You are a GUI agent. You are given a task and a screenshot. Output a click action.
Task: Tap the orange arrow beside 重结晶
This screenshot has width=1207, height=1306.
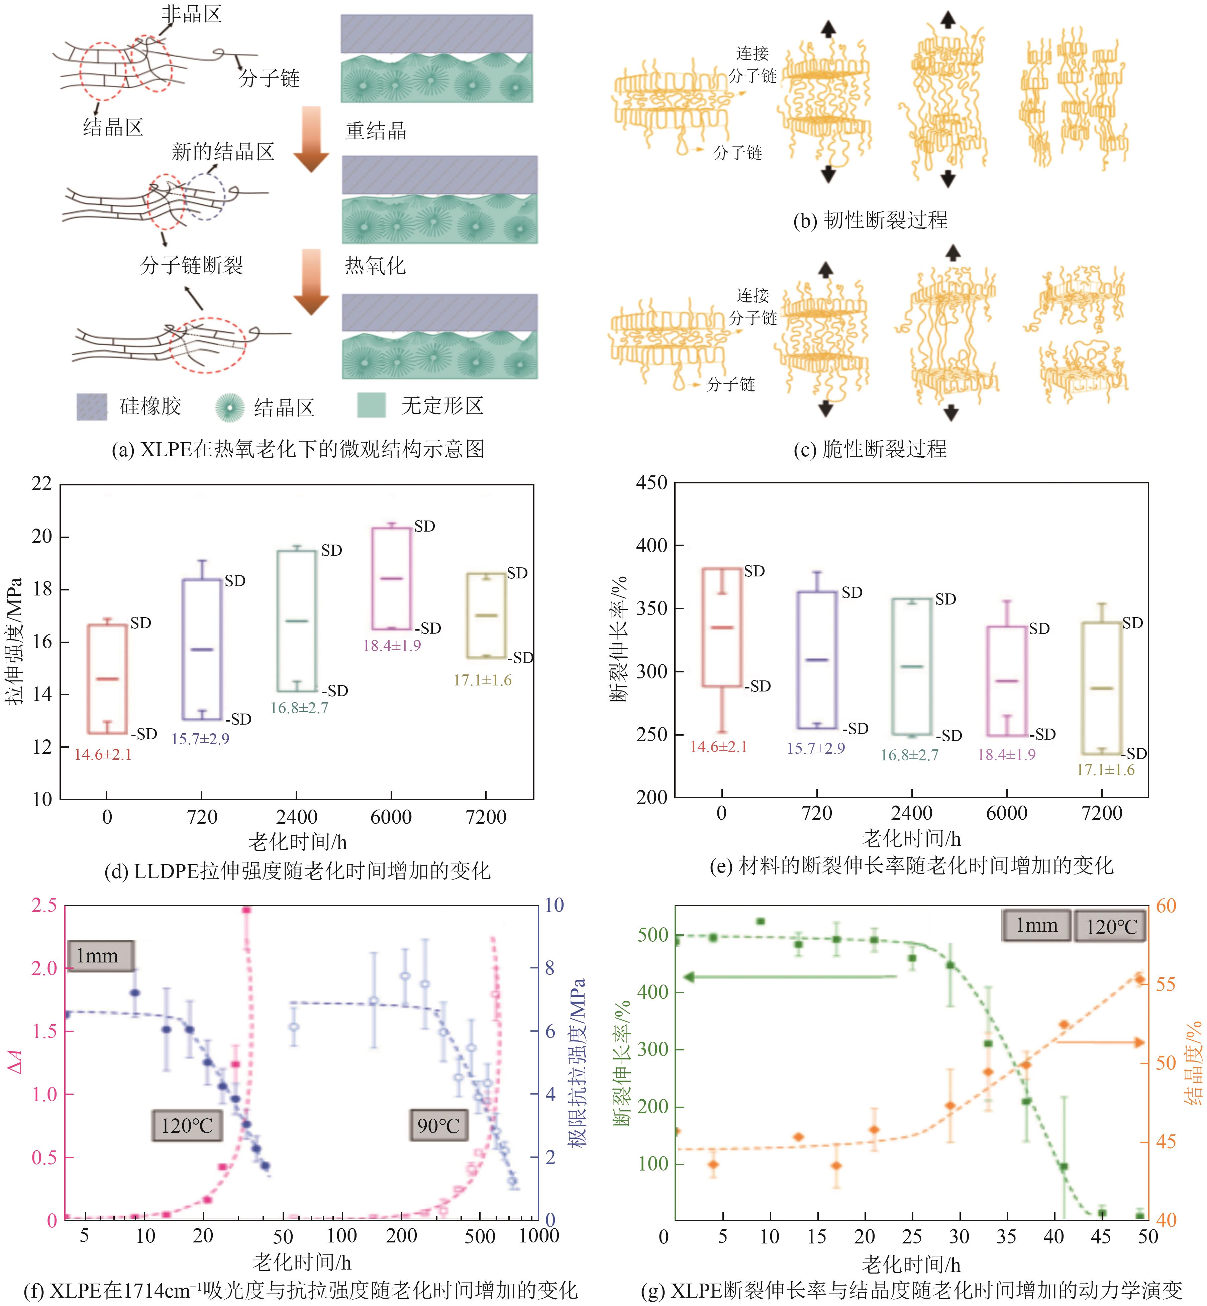coord(311,138)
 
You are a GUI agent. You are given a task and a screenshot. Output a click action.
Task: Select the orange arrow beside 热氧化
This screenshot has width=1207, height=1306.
coord(311,281)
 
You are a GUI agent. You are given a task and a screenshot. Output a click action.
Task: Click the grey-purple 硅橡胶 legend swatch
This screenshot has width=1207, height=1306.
coord(91,406)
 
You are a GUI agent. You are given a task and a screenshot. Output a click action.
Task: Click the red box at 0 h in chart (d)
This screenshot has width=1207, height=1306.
coord(107,679)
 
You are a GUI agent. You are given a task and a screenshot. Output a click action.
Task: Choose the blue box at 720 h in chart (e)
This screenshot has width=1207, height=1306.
coord(816,660)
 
